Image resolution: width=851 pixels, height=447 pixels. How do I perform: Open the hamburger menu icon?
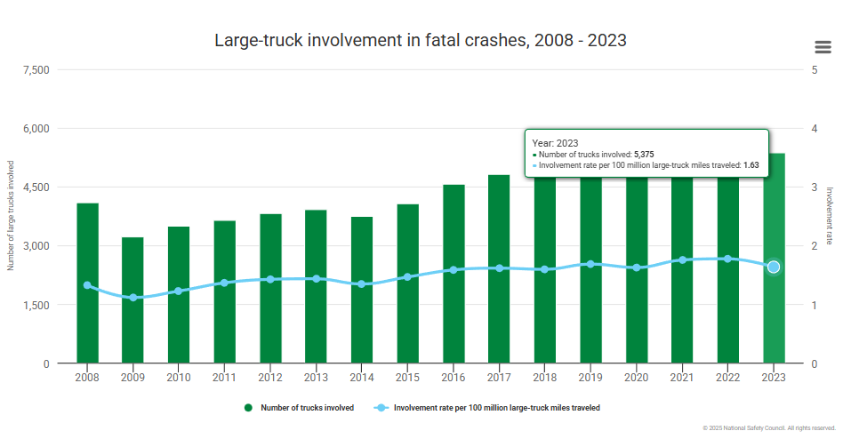(x=823, y=47)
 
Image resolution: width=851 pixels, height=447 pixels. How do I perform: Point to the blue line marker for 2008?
(x=87, y=285)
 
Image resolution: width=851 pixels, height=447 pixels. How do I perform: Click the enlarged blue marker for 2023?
(x=774, y=267)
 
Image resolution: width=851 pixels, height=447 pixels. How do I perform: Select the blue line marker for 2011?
(x=224, y=283)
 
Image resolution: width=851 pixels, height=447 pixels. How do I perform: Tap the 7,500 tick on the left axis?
(x=36, y=70)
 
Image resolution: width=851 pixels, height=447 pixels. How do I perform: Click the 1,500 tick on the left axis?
(x=36, y=305)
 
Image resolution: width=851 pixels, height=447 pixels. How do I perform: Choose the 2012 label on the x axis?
(x=270, y=378)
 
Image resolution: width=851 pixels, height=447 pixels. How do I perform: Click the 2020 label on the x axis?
(x=636, y=378)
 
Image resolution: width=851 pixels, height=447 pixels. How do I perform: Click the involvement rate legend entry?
(x=496, y=408)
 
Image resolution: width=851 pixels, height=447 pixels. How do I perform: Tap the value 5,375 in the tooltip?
(x=644, y=154)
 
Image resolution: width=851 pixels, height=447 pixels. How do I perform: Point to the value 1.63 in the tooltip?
(x=751, y=164)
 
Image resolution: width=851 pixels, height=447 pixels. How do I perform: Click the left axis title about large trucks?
(x=12, y=215)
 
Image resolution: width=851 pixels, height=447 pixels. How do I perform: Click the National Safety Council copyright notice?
(x=769, y=428)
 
